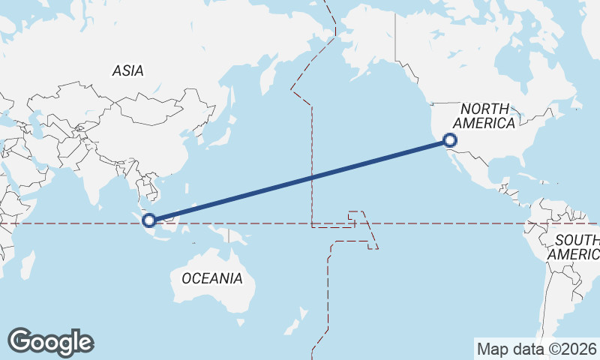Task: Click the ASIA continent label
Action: click(127, 70)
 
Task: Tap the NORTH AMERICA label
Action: click(484, 116)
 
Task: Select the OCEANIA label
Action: click(212, 278)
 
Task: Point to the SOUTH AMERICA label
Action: click(575, 247)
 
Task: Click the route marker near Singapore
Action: click(149, 220)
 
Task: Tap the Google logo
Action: click(50, 342)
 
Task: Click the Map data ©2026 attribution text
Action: click(537, 349)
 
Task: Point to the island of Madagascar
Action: click(28, 266)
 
